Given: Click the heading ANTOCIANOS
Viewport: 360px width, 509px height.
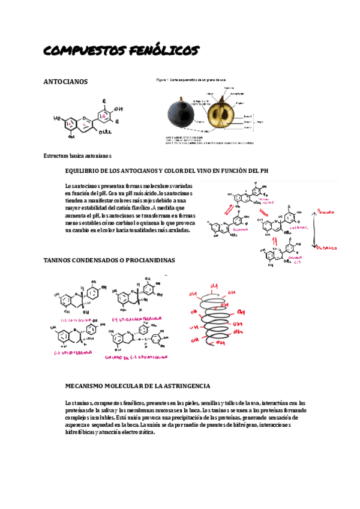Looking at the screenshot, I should click(66, 81).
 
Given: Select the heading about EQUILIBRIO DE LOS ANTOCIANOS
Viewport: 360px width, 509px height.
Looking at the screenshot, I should click(166, 170).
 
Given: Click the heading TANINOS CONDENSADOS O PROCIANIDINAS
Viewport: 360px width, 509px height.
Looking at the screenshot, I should click(110, 260).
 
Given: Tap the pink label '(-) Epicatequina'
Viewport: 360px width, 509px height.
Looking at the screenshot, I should click(73, 353).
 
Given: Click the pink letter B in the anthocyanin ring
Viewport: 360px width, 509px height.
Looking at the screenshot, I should click(103, 115).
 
